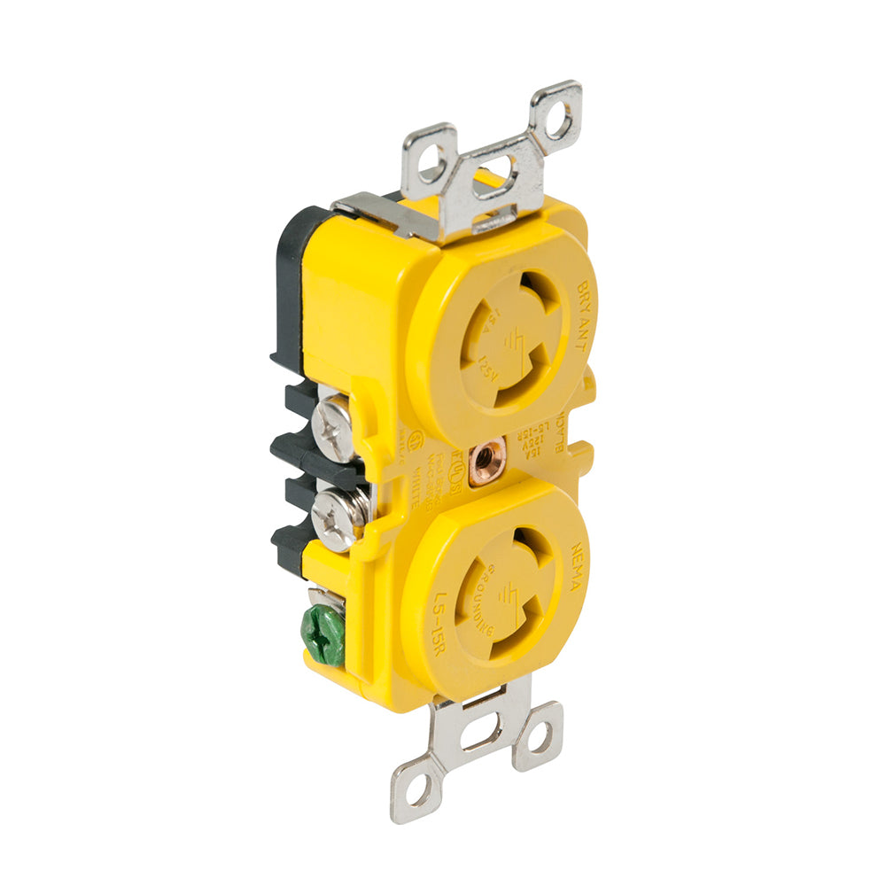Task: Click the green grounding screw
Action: (x=323, y=633)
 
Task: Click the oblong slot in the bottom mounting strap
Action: (x=479, y=734)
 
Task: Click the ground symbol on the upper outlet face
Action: (x=517, y=340)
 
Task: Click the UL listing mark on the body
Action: (x=413, y=444)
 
